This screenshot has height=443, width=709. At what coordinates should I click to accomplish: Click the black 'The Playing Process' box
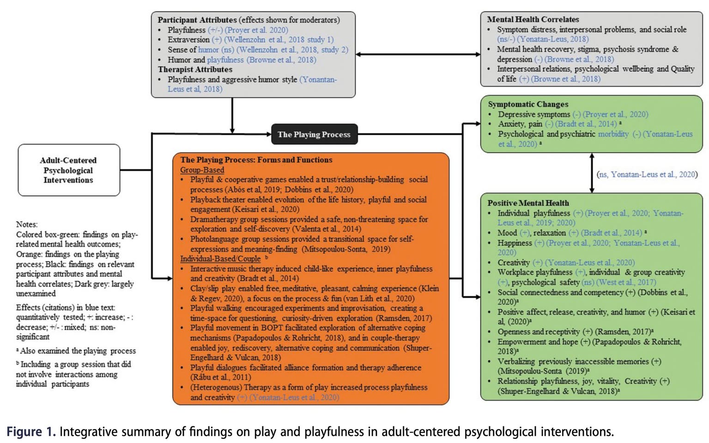[x=314, y=134]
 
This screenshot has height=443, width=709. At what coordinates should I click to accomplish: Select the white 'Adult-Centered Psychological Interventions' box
[x=69, y=170]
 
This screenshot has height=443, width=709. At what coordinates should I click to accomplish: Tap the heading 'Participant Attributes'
[x=197, y=20]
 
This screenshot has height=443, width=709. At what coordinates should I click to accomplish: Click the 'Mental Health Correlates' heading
[x=533, y=19]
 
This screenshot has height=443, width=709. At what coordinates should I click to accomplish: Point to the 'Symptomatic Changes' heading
[x=528, y=104]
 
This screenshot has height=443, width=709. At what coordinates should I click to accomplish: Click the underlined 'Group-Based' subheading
[x=202, y=170]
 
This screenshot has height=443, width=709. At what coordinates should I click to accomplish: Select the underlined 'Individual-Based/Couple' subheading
[x=220, y=259]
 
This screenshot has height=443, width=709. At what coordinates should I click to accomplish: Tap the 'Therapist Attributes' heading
[x=195, y=69]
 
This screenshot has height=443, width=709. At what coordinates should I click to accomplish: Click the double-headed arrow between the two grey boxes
[x=418, y=54]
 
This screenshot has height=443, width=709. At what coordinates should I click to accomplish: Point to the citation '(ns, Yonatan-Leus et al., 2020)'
[x=647, y=174]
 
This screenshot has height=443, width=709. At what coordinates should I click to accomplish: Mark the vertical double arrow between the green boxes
[x=592, y=173]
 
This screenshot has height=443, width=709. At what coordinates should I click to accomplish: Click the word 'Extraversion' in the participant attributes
[x=188, y=40]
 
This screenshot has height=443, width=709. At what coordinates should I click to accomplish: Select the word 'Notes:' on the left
[x=27, y=224]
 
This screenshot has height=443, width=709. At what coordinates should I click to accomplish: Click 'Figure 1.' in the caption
[x=31, y=431]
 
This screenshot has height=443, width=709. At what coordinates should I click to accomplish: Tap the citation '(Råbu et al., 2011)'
[x=221, y=377]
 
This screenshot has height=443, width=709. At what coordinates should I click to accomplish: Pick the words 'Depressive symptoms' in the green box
[x=533, y=114]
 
